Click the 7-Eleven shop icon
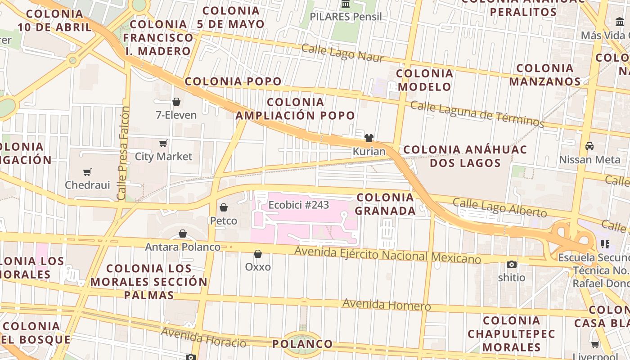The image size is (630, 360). (x=176, y=102)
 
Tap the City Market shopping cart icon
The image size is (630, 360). (x=163, y=143)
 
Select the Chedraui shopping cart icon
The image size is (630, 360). (x=87, y=171)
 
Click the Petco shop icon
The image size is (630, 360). (x=223, y=207)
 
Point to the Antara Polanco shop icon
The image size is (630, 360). (x=183, y=234)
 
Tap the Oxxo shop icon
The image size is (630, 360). (x=258, y=254)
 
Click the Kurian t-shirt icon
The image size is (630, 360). (x=369, y=138)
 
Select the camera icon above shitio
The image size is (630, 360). (x=511, y=264)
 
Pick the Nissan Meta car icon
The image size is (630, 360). (x=589, y=146)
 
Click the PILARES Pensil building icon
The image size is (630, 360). (x=346, y=4)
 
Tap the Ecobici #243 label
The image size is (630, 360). (x=299, y=205)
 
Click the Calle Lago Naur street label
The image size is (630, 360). (x=342, y=53)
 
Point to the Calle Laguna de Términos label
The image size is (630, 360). (x=477, y=113)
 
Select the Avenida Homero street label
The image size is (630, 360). (x=387, y=305)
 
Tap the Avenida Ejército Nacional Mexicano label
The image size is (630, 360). (x=387, y=255)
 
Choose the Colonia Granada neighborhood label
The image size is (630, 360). (x=385, y=204)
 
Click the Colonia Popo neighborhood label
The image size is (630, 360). (x=233, y=81)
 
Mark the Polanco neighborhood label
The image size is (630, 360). (x=302, y=344)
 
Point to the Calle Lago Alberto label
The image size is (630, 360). (x=499, y=207)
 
